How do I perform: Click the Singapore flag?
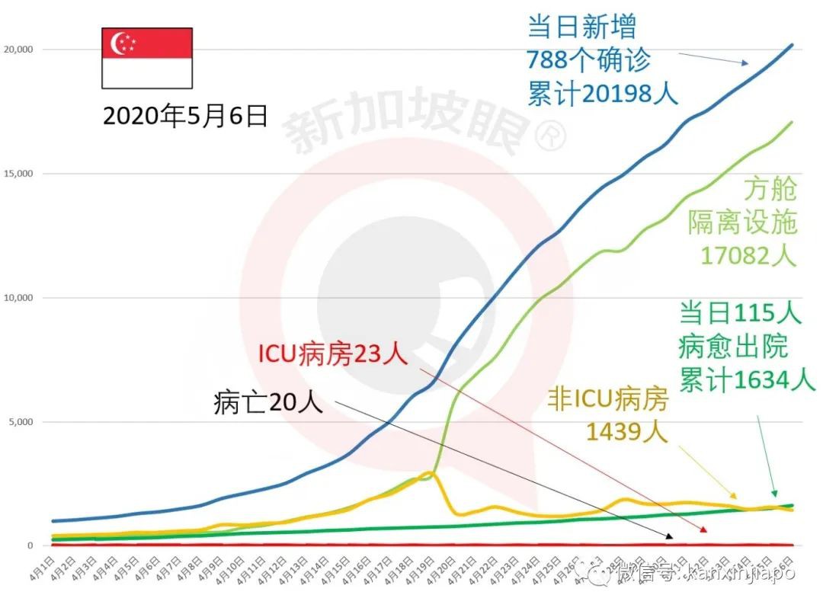coord(147,58)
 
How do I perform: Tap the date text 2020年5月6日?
coord(185,116)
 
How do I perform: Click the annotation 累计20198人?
coord(602,93)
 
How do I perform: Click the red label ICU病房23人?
coord(332,354)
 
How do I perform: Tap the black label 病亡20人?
coord(268,401)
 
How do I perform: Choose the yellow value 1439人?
coord(626,432)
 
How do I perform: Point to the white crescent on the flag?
coord(120,43)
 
